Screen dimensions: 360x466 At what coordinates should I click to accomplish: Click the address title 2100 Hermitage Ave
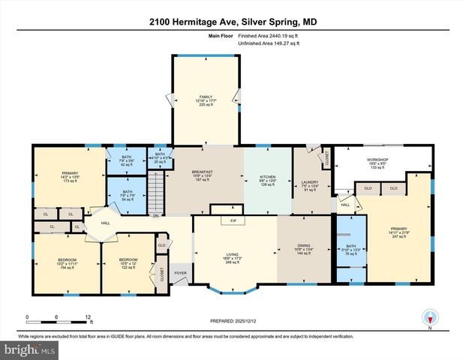click(232, 20)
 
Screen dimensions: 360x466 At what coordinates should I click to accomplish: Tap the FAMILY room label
click(206, 100)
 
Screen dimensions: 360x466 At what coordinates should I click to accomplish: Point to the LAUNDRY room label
click(310, 185)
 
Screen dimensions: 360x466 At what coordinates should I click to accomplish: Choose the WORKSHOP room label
click(377, 163)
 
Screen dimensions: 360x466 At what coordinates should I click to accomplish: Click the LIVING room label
click(233, 259)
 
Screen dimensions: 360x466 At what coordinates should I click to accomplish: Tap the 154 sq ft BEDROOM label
click(67, 263)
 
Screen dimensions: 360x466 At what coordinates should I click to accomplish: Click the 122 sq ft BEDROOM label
click(129, 263)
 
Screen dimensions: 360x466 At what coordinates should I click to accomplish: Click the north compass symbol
click(430, 317)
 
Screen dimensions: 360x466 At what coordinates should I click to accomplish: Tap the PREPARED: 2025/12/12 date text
click(233, 320)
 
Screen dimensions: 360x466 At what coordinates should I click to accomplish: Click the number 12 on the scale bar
click(89, 317)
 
